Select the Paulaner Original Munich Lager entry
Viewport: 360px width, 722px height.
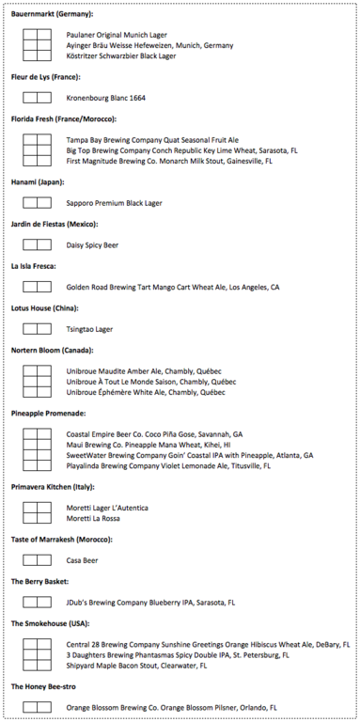click(114, 35)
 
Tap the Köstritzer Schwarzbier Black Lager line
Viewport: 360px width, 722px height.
click(120, 55)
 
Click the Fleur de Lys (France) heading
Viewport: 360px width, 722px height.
click(45, 77)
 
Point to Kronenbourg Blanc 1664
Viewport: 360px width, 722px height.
click(105, 98)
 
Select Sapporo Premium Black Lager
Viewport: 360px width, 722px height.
click(114, 202)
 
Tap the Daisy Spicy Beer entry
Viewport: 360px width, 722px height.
click(92, 244)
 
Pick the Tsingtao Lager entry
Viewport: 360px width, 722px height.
click(89, 329)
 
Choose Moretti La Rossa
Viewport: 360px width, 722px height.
click(93, 518)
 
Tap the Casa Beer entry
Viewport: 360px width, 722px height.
click(82, 560)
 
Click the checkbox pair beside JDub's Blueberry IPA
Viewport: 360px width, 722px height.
click(37, 602)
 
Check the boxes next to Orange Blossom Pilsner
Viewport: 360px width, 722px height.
click(37, 707)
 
